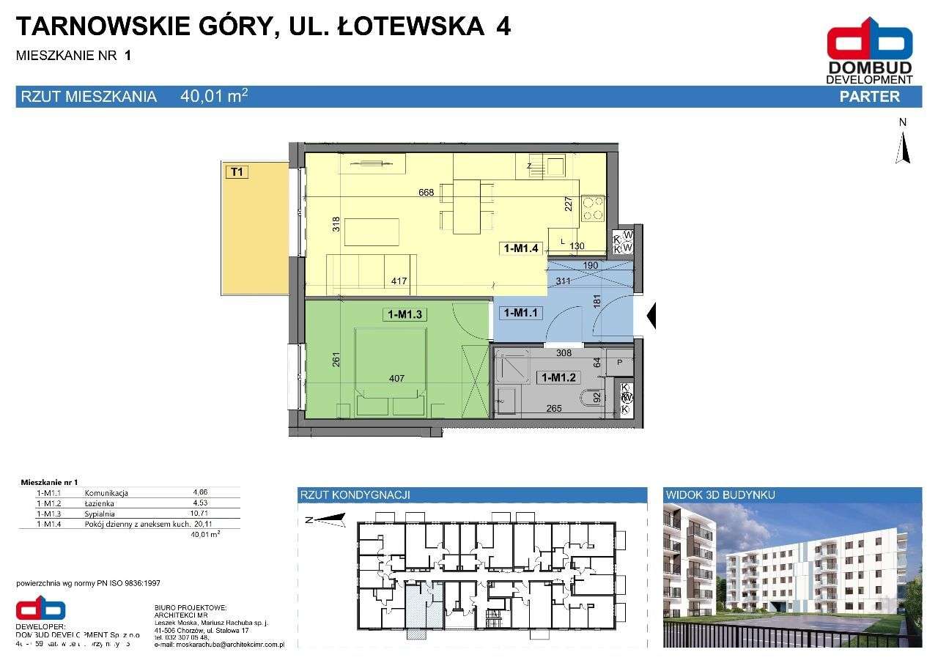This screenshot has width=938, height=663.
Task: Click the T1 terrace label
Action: click(237, 172)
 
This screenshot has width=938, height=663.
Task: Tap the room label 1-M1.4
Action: click(521, 248)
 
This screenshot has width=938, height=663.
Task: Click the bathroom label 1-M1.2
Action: click(559, 378)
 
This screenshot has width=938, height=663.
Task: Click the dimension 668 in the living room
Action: click(426, 193)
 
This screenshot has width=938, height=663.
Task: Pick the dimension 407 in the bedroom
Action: click(396, 379)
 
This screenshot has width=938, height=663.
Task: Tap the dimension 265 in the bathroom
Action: click(553, 408)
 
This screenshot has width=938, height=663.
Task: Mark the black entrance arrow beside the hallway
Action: click(651, 316)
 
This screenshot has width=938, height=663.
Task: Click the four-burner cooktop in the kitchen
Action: click(593, 208)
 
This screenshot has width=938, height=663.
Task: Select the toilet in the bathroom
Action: click(588, 400)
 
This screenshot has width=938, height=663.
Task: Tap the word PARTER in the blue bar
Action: click(869, 97)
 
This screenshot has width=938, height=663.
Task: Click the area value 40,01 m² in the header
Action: click(213, 96)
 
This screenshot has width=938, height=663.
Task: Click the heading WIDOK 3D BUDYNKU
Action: click(720, 495)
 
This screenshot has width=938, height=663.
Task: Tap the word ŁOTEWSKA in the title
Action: click(391, 26)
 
